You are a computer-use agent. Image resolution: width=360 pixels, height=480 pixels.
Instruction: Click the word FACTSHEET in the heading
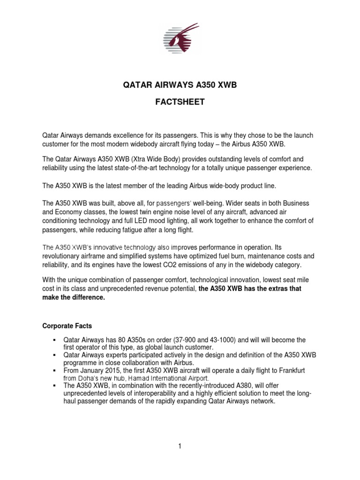180,102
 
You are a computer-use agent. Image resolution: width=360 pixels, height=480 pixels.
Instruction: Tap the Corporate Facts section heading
67,325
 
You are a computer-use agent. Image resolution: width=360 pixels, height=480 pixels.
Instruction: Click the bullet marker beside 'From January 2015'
55,370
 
